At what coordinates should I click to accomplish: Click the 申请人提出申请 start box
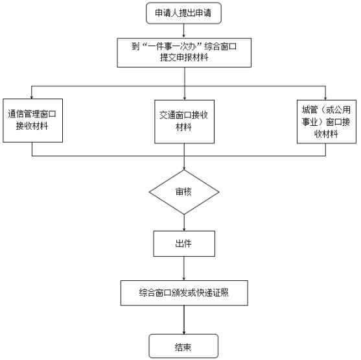pyautogui.click(x=183, y=13)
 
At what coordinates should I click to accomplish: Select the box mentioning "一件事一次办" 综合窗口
pyautogui.click(x=184, y=53)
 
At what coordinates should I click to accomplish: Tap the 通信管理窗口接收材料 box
pyautogui.click(x=32, y=121)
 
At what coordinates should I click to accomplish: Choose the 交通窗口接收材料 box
pyautogui.click(x=184, y=122)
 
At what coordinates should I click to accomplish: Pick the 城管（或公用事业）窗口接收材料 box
pyautogui.click(x=327, y=122)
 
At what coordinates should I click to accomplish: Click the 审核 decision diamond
pyautogui.click(x=184, y=192)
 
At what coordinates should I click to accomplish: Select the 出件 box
pyautogui.click(x=184, y=244)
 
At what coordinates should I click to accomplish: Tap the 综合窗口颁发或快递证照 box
pyautogui.click(x=184, y=293)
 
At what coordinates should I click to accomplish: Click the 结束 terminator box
pyautogui.click(x=183, y=346)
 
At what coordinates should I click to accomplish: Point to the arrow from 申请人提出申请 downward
pyautogui.click(x=183, y=30)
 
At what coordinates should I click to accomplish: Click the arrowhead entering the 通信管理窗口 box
pyautogui.click(x=32, y=97)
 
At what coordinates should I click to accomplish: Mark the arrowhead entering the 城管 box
pyautogui.click(x=325, y=98)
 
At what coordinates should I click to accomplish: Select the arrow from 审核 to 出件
pyautogui.click(x=184, y=222)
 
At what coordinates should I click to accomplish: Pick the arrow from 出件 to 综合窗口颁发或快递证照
pyautogui.click(x=183, y=269)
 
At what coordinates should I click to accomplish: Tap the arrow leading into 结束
pyautogui.click(x=184, y=320)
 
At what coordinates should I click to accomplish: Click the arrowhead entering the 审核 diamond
pyautogui.click(x=184, y=168)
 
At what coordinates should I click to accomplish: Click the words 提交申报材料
pyautogui.click(x=184, y=57)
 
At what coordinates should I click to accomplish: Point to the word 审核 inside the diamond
pyautogui.click(x=183, y=192)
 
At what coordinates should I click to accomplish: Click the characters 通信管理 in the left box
pyautogui.click(x=24, y=114)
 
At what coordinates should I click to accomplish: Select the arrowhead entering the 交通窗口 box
pyautogui.click(x=185, y=98)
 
